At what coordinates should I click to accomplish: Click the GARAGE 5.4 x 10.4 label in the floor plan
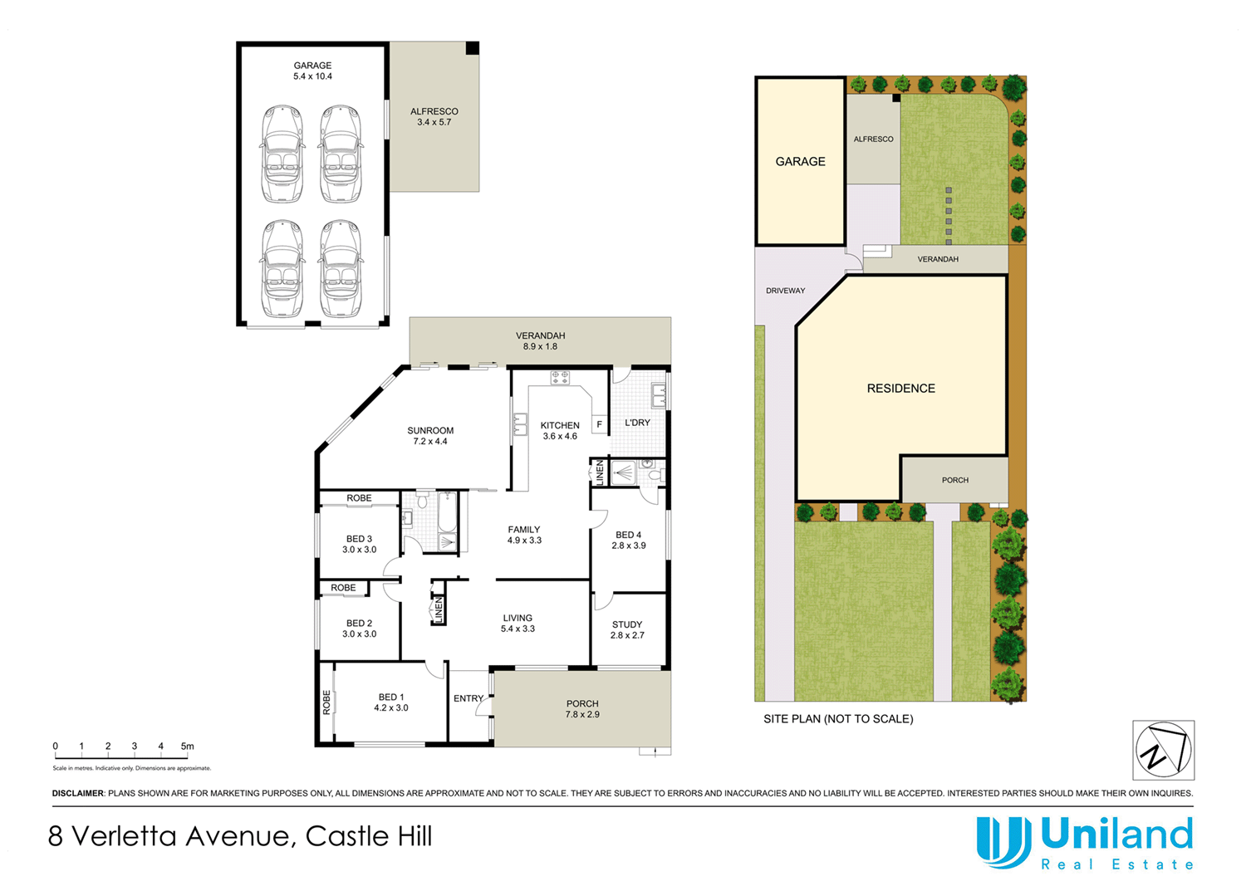[x=312, y=71]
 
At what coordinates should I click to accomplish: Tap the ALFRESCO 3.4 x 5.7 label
[x=434, y=116]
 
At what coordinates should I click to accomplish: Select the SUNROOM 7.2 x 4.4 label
[x=430, y=436]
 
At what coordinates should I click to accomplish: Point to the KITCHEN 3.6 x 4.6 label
[x=560, y=430]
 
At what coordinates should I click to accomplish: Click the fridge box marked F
[x=599, y=424]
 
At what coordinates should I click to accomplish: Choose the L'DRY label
[x=637, y=423]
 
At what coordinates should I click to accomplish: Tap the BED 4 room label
[x=628, y=540]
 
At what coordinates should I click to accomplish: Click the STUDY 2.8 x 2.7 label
[x=627, y=629]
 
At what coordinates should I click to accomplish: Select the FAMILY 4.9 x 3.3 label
[x=524, y=535]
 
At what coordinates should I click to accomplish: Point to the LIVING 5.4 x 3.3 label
[x=518, y=623]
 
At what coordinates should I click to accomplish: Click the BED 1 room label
[x=391, y=702]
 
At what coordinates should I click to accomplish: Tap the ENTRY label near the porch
[x=468, y=698]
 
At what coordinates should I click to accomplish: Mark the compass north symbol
[x=1163, y=750]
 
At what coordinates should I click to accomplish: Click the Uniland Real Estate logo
[x=1085, y=842]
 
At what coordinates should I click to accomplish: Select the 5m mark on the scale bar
[x=188, y=746]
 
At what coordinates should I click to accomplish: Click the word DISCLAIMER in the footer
[x=78, y=794]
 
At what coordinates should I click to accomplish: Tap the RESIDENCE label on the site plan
[x=900, y=389]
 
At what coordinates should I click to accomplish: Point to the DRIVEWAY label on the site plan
[x=785, y=291]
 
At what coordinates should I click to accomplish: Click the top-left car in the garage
[x=282, y=154]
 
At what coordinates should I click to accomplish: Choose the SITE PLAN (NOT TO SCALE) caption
[x=838, y=719]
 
